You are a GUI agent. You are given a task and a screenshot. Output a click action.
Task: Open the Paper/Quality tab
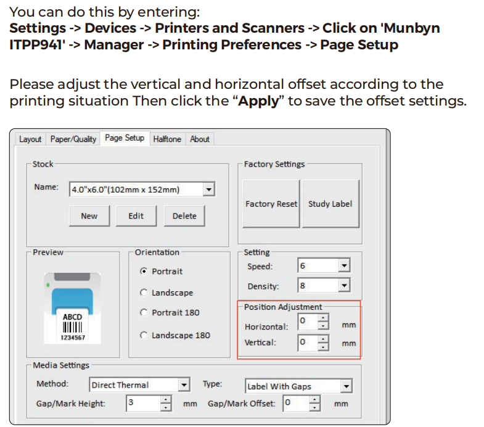(x=73, y=139)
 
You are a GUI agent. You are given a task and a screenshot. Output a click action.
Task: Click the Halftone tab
(x=167, y=139)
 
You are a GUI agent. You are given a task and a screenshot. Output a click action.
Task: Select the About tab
(x=200, y=139)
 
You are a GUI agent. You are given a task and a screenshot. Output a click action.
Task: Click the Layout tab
(x=30, y=139)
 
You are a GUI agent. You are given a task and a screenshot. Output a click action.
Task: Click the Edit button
(x=136, y=216)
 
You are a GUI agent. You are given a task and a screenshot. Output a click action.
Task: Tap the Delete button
(x=184, y=216)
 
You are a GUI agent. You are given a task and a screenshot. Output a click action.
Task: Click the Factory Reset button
(x=271, y=204)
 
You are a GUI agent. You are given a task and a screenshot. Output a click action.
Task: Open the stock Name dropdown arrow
(x=209, y=189)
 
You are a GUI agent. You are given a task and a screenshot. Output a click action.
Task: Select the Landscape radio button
(x=144, y=292)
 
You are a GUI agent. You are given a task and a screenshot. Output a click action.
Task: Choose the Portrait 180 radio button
(x=144, y=312)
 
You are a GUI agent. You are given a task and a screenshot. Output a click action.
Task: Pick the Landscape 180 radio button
(x=144, y=335)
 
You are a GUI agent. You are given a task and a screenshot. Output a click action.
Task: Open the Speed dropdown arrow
(x=344, y=265)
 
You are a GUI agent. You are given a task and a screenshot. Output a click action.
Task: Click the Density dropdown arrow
(x=344, y=285)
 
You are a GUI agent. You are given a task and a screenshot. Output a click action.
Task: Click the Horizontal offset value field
(x=308, y=321)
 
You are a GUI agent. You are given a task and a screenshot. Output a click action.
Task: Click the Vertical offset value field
(x=308, y=342)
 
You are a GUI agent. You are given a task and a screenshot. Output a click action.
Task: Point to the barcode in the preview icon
(x=72, y=327)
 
